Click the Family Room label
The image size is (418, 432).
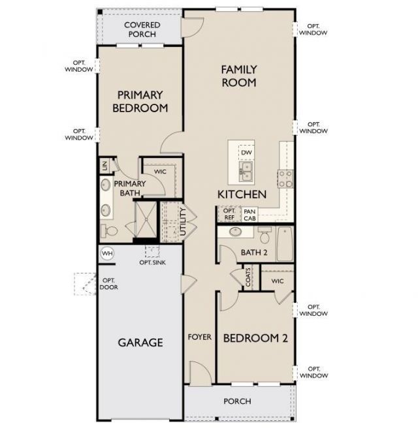(238, 76)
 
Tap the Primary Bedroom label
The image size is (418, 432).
(140, 101)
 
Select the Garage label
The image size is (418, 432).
(140, 342)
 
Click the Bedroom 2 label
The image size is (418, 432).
(255, 338)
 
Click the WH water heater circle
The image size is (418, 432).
(107, 253)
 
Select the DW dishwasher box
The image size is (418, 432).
(246, 153)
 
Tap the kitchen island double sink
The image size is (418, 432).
(246, 172)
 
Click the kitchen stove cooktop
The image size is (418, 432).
(285, 178)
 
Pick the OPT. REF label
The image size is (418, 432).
(229, 215)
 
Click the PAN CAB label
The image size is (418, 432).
(249, 215)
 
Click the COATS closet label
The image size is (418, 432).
(249, 277)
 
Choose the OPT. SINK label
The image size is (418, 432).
(153, 262)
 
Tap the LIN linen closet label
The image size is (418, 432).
(104, 166)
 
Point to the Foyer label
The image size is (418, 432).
(200, 337)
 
